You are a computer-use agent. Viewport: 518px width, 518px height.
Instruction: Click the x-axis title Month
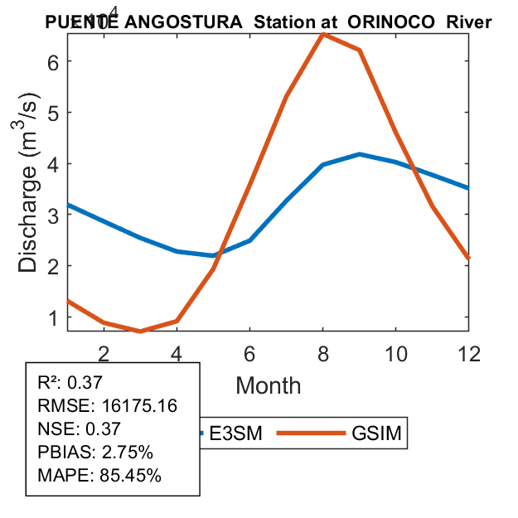269,385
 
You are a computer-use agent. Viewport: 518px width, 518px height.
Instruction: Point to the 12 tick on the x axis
469,353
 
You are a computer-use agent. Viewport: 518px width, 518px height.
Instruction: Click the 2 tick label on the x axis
104,353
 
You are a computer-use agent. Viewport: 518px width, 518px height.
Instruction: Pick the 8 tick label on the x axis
323,353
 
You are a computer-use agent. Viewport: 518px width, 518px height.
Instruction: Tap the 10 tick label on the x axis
396,353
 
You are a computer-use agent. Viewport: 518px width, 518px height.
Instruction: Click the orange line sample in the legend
310,433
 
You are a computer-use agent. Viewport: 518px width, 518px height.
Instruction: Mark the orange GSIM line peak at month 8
323,34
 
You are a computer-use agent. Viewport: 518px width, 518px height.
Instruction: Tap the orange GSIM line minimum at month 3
141,332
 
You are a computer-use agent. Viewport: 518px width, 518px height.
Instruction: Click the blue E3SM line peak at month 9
360,154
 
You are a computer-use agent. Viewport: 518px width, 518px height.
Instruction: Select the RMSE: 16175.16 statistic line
108,405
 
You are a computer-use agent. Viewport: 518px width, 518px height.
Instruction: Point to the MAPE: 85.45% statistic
99,476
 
